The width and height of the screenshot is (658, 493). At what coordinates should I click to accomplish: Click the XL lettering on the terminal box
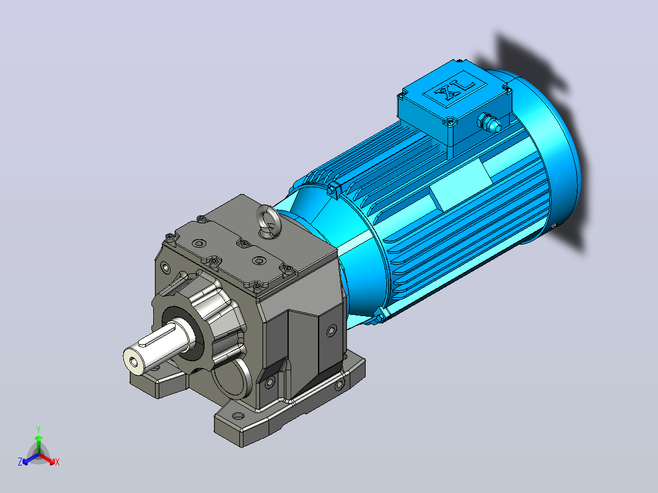coord(455,91)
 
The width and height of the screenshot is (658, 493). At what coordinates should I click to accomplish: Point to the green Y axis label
coord(38,429)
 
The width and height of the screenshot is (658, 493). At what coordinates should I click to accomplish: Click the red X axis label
coord(57,462)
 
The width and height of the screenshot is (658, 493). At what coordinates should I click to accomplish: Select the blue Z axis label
coord(20,461)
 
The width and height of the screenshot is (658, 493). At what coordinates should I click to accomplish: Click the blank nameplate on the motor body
coord(460,184)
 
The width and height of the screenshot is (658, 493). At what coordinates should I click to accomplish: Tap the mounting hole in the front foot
coord(238,417)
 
